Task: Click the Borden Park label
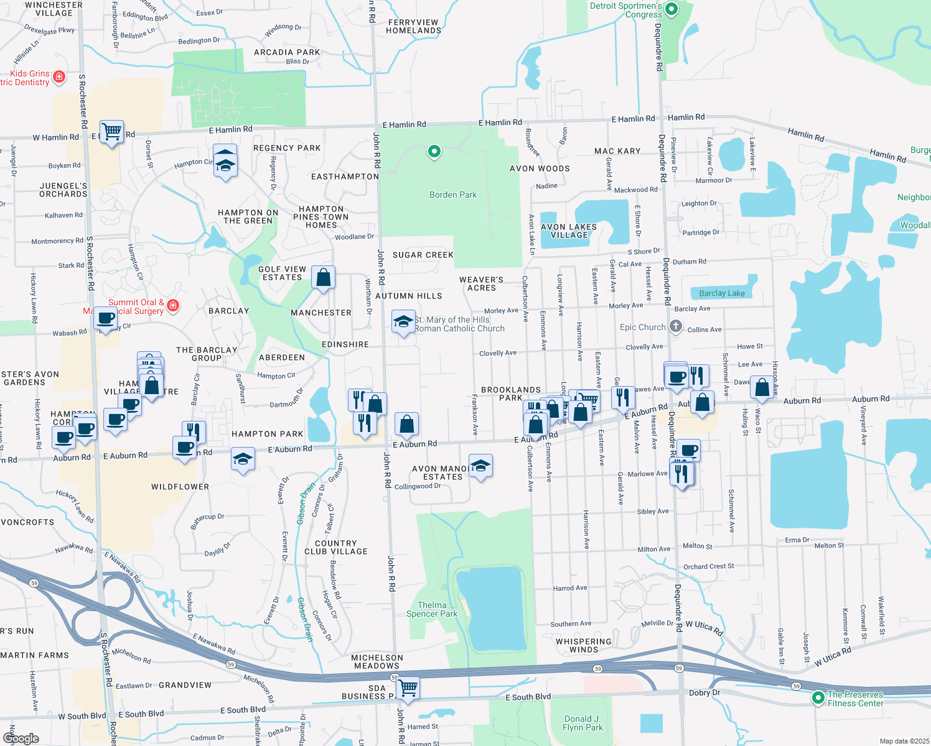pyautogui.click(x=452, y=195)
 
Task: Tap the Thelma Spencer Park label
pyautogui.click(x=432, y=609)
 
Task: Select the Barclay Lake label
pyautogui.click(x=721, y=293)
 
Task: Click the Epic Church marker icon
pyautogui.click(x=676, y=326)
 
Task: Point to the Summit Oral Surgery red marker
pyautogui.click(x=174, y=305)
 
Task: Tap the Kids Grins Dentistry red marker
pyautogui.click(x=59, y=76)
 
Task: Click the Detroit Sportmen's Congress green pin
pyautogui.click(x=671, y=9)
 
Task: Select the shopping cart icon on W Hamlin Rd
pyautogui.click(x=111, y=132)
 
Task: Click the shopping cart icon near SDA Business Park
pyautogui.click(x=408, y=688)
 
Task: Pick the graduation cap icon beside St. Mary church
pyautogui.click(x=404, y=322)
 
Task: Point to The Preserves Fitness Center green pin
pyautogui.click(x=818, y=698)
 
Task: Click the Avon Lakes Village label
pyautogui.click(x=569, y=231)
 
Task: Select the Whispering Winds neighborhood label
pyautogui.click(x=583, y=645)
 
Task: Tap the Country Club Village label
pyautogui.click(x=336, y=547)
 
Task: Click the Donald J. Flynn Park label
pyautogui.click(x=582, y=723)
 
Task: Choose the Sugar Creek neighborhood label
pyautogui.click(x=423, y=255)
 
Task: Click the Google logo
pyautogui.click(x=21, y=738)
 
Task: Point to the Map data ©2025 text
pyautogui.click(x=904, y=741)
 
